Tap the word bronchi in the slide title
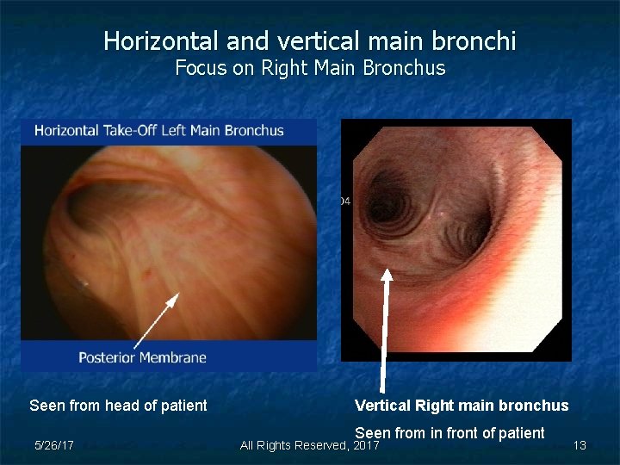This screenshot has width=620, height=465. tap(482, 40)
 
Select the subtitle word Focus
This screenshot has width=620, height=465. tap(200, 68)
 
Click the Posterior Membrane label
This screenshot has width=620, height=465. tap(142, 356)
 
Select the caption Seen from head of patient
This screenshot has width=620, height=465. tap(118, 406)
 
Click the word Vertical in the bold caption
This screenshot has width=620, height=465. tap(382, 406)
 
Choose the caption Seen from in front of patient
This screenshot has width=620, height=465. tap(449, 433)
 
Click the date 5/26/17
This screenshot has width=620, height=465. tap(53, 445)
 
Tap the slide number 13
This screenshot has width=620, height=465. tap(580, 445)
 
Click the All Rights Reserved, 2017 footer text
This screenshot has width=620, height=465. tap(309, 445)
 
